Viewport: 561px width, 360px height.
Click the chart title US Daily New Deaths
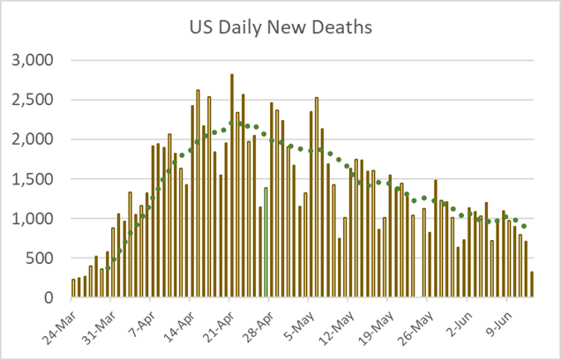pos(281,27)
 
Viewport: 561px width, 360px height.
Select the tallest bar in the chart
pos(232,186)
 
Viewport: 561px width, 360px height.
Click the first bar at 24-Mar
pos(74,289)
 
